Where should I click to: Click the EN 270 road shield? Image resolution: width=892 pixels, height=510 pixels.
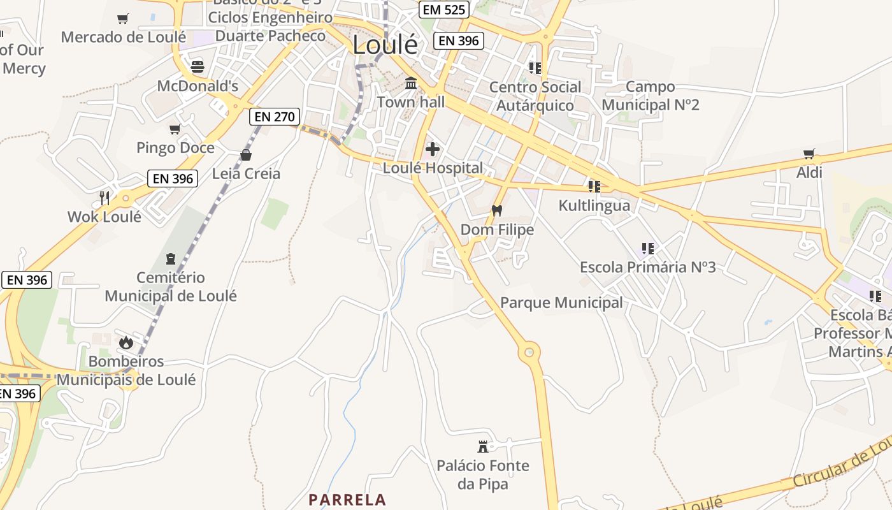point(274,117)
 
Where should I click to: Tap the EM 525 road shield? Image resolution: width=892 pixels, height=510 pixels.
point(444,10)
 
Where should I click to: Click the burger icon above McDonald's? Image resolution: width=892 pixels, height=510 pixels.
point(198,66)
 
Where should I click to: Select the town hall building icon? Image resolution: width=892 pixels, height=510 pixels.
point(411,84)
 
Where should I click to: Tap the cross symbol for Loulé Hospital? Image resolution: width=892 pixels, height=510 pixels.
point(433,150)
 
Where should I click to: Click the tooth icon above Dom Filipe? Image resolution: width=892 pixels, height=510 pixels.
point(497,211)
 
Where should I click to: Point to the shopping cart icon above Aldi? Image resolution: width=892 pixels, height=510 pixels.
point(809,154)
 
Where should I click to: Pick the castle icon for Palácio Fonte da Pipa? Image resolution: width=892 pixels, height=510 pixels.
point(483,446)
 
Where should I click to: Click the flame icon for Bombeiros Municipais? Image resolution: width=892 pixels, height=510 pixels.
point(126,342)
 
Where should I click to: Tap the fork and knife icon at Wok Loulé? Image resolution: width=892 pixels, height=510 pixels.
point(104,198)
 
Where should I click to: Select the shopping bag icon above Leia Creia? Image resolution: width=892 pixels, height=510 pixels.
point(246,155)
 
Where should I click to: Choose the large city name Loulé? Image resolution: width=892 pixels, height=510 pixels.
point(385,45)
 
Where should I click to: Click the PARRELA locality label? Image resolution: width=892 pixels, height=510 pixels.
point(347,500)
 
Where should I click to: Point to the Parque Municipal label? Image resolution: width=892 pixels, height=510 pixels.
point(561,303)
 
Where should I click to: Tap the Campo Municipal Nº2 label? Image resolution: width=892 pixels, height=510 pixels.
point(650,96)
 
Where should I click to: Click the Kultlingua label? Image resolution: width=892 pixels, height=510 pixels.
point(594,205)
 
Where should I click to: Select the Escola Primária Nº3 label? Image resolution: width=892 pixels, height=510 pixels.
point(647,267)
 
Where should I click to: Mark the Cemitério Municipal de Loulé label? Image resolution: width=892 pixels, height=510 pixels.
point(171,287)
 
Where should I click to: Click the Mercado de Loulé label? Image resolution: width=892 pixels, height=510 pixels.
point(123,37)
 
